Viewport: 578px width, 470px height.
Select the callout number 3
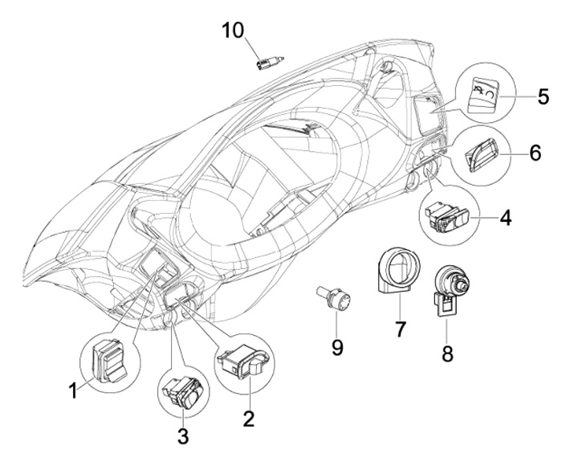(x=183, y=436)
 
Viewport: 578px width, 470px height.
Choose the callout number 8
(x=447, y=352)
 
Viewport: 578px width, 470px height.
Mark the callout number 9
(x=337, y=346)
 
